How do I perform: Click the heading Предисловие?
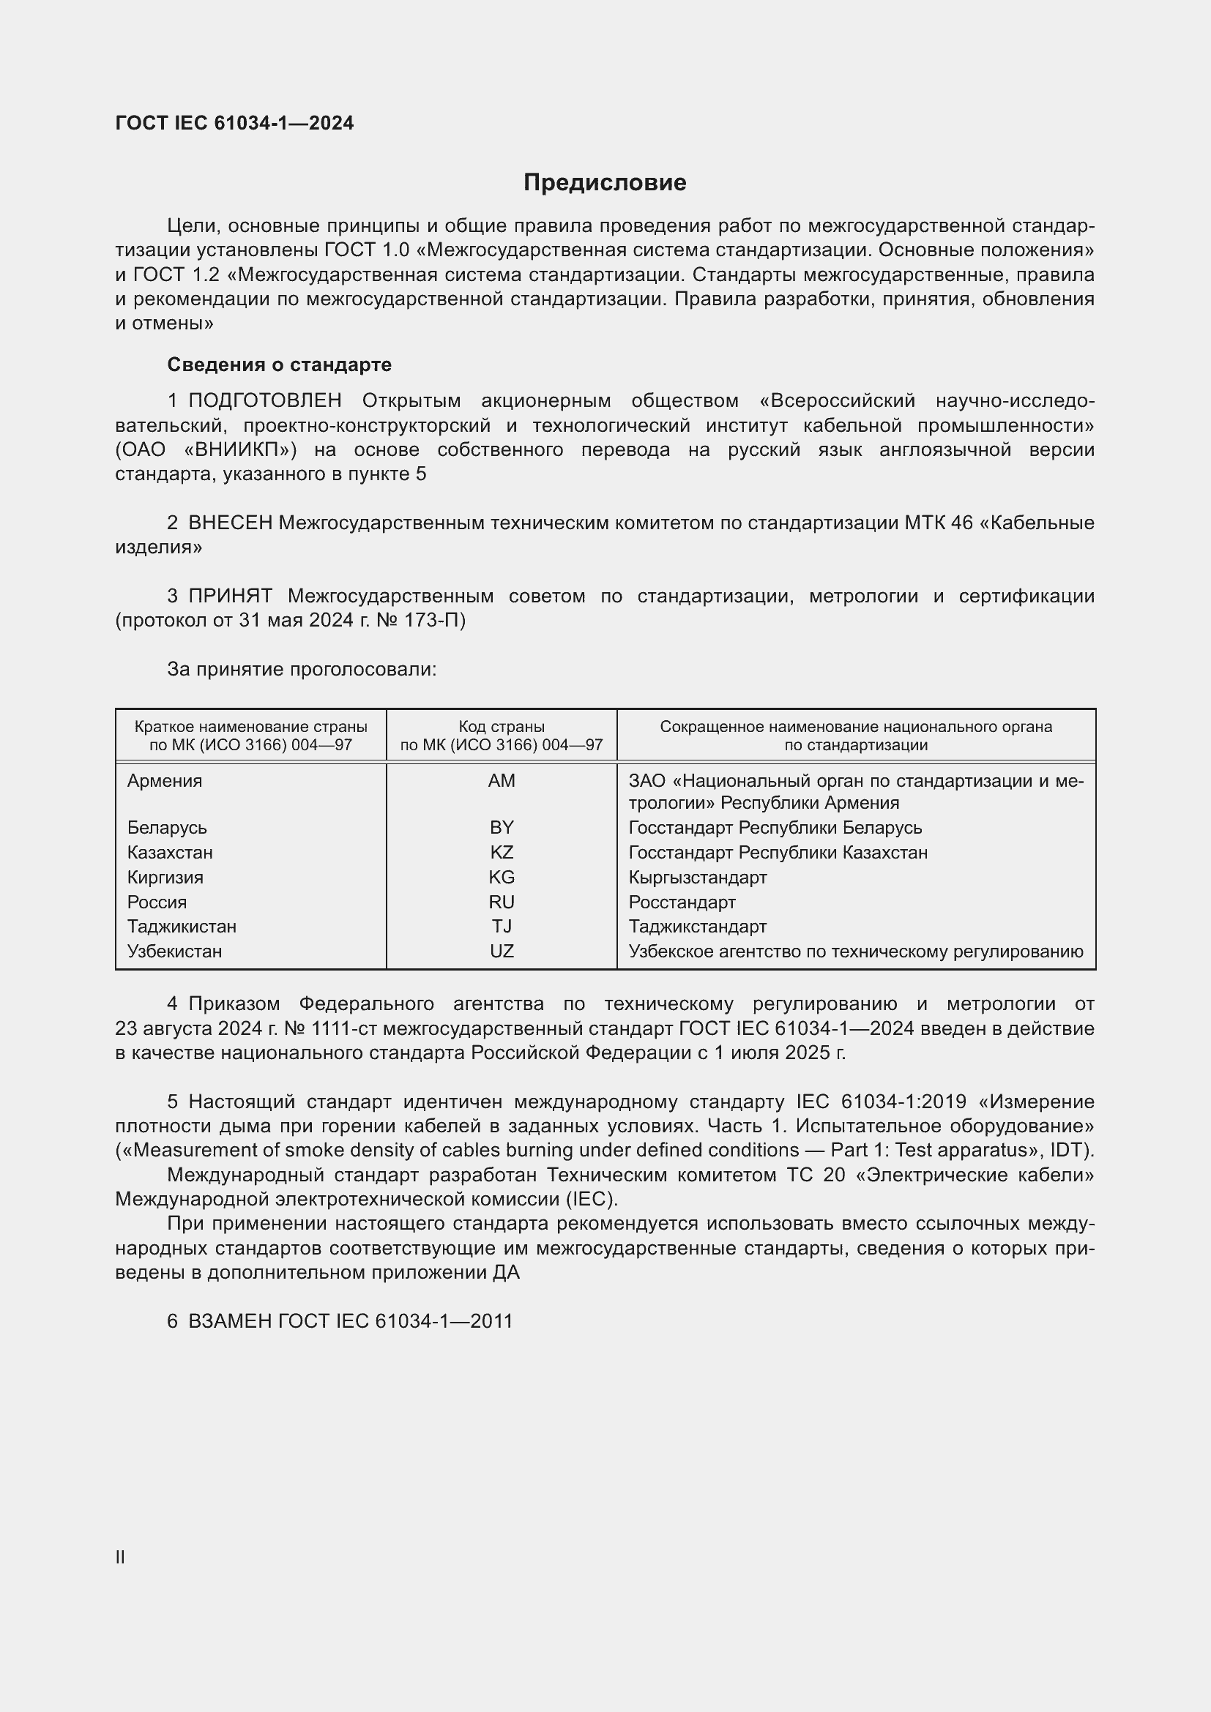pos(604,183)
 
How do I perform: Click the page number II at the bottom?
pos(120,1557)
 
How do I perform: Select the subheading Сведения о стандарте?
pos(279,365)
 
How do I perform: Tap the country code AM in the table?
pos(501,781)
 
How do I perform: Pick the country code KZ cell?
pos(501,852)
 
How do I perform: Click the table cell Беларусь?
pos(167,828)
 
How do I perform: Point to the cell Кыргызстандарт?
pos(697,878)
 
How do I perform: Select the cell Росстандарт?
pos(682,902)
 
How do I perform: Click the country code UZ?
pos(501,952)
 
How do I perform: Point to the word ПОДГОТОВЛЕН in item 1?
pos(265,401)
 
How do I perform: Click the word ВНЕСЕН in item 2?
pos(231,523)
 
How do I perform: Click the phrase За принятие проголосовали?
pos(301,669)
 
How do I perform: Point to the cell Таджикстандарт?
pos(697,927)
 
